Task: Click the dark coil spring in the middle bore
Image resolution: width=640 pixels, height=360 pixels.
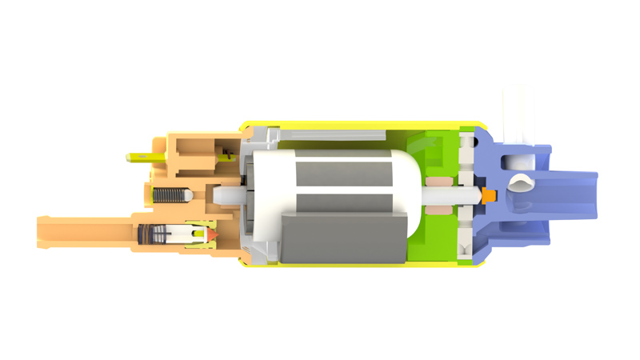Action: (167, 194)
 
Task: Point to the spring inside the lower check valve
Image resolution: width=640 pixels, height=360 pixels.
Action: (156, 235)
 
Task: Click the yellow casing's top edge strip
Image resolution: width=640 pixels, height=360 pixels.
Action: (360, 126)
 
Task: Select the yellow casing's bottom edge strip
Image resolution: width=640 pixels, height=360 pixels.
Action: (360, 266)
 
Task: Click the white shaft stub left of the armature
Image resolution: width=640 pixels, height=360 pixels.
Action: (227, 194)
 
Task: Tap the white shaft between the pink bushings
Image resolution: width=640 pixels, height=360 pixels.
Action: (440, 194)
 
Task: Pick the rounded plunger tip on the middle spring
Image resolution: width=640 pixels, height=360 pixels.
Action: (186, 194)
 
